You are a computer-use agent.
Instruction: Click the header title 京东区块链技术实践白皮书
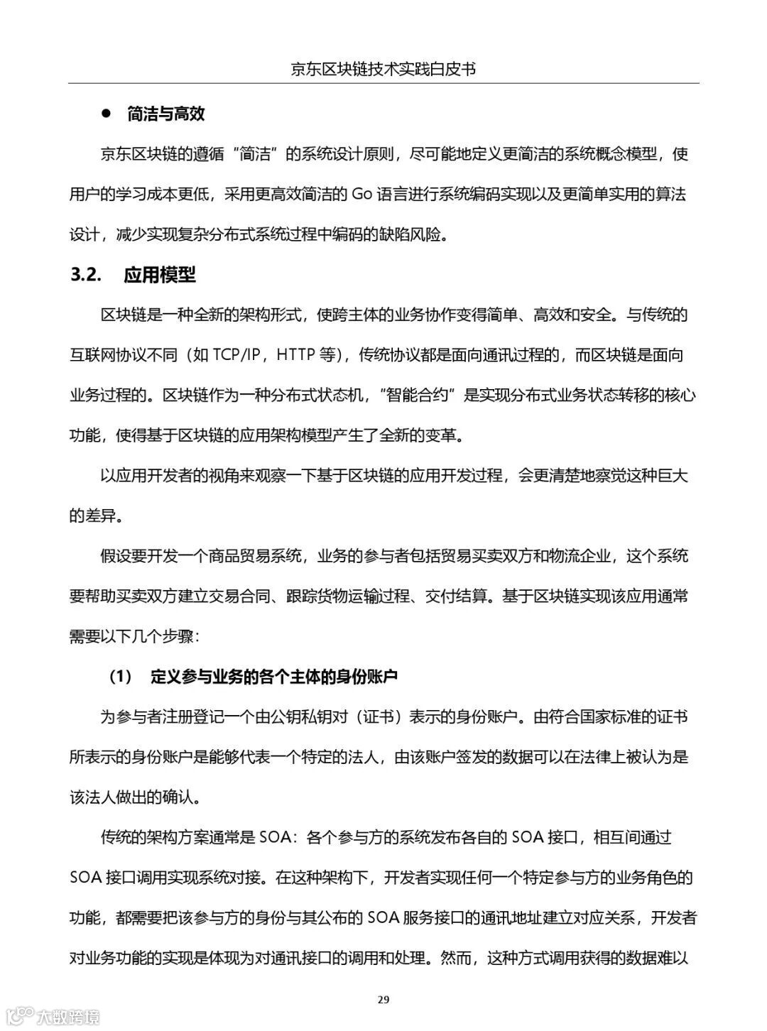383,69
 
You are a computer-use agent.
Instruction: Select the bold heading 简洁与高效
166,114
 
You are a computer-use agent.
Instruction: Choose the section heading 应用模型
160,275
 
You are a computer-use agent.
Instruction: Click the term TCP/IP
237,355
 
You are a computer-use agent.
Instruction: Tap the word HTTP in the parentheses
296,355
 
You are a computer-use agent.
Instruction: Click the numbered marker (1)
121,677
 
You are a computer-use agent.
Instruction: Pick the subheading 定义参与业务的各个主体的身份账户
274,677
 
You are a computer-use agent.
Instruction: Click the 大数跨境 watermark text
69,1016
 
